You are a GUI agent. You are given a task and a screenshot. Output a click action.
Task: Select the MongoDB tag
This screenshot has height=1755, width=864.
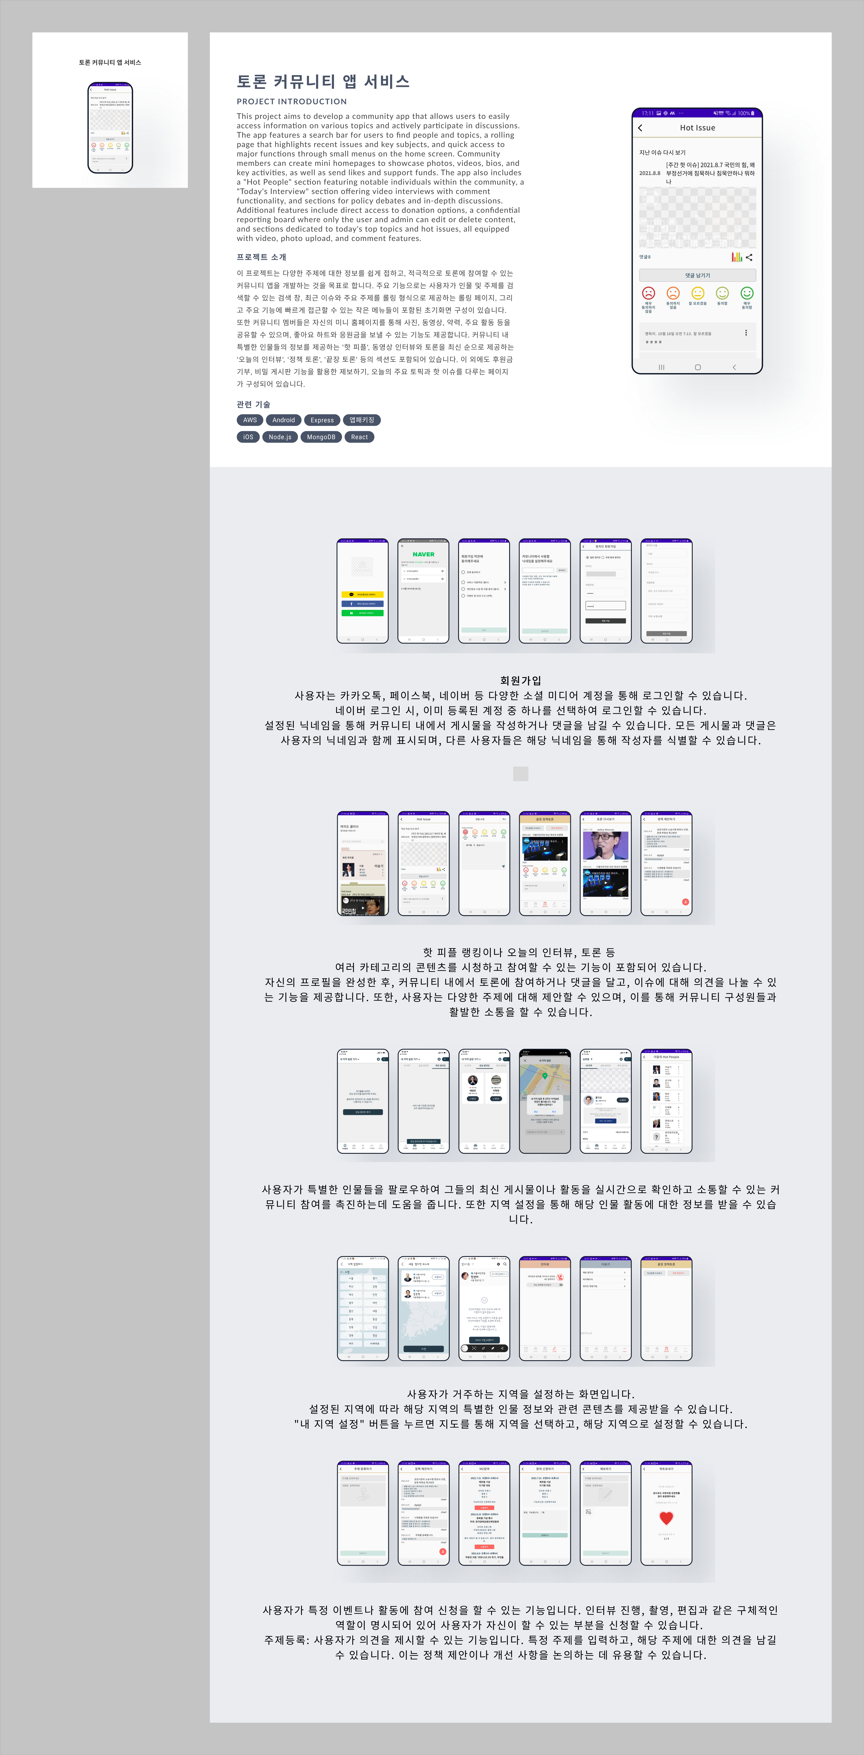click(321, 437)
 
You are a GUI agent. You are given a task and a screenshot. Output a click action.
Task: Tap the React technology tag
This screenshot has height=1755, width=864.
click(359, 437)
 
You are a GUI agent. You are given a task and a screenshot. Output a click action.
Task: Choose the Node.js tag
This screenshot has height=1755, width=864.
click(279, 437)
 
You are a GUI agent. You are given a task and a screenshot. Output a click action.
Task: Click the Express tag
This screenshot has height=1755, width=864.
click(322, 420)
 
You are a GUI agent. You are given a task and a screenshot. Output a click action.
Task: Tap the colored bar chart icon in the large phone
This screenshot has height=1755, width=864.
click(737, 257)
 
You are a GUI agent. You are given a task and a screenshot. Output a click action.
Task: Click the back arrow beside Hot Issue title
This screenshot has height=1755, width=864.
click(640, 128)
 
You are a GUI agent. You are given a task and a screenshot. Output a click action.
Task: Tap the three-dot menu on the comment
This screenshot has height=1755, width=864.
click(746, 333)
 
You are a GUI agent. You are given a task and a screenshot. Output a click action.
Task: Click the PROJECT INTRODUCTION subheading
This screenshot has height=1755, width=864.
click(292, 101)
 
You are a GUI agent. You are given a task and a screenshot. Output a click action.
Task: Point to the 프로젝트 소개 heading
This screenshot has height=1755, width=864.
click(261, 257)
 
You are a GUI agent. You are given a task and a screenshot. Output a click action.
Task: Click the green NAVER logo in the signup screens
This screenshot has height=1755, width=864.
click(423, 555)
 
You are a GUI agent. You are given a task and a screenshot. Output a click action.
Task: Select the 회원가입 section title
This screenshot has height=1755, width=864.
click(521, 681)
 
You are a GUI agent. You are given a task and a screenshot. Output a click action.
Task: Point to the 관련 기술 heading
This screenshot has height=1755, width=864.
click(253, 405)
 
